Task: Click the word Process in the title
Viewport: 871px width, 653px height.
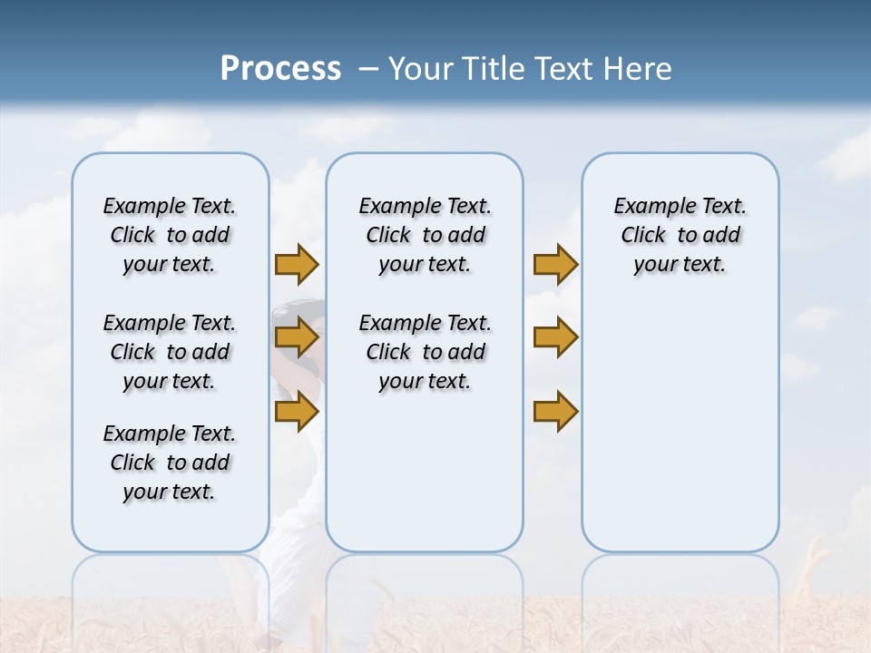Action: point(280,69)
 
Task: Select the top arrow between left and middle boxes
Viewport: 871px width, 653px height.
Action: point(297,264)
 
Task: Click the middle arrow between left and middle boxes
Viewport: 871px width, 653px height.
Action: point(297,338)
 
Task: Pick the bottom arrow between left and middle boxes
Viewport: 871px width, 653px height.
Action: point(297,412)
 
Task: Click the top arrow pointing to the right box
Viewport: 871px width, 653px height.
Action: point(555,264)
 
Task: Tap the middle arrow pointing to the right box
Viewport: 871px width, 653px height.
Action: point(555,338)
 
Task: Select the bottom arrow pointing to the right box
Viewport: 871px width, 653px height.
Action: point(555,412)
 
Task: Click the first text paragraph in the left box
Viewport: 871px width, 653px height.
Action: point(170,235)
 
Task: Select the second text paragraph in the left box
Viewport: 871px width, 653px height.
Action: point(170,352)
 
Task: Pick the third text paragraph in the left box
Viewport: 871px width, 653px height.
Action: point(170,463)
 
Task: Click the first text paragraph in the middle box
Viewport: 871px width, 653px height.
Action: point(426,235)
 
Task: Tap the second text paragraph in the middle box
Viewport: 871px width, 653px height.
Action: point(426,352)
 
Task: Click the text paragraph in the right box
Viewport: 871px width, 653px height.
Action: point(680,235)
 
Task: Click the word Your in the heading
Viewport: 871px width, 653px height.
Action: point(421,69)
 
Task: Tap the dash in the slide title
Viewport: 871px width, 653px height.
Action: point(368,69)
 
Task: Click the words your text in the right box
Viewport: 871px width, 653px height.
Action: point(680,265)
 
